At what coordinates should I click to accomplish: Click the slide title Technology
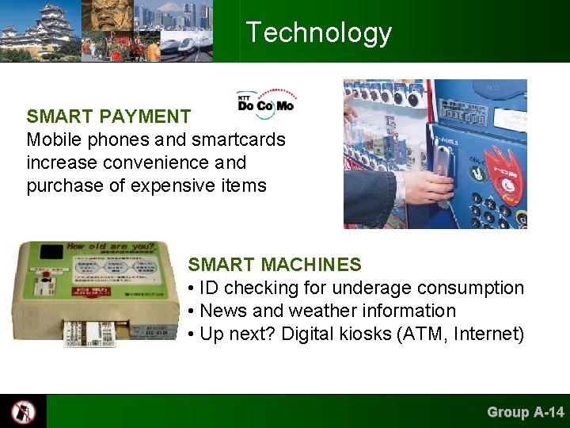[x=318, y=32]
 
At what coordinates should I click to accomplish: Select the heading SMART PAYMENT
[x=108, y=117]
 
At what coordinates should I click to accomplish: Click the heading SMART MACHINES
[x=274, y=265]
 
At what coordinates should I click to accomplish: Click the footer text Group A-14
[x=525, y=411]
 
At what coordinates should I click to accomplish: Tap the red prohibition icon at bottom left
[x=23, y=411]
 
